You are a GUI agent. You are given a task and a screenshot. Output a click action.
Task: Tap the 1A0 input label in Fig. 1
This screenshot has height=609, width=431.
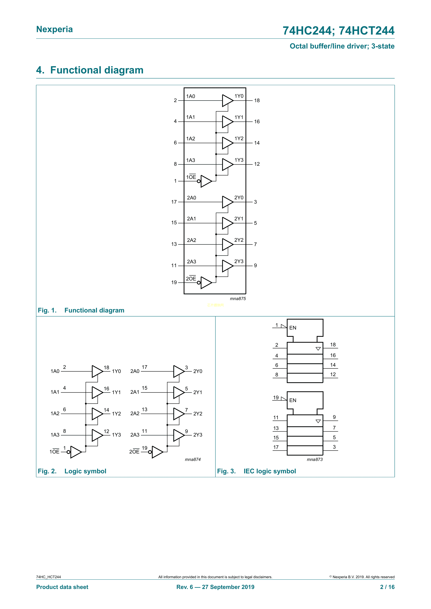[x=191, y=96]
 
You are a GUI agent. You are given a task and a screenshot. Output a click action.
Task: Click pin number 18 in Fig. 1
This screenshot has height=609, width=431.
[x=257, y=101]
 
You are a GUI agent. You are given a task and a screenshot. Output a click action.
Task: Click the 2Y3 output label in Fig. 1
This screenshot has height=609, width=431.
[x=239, y=261]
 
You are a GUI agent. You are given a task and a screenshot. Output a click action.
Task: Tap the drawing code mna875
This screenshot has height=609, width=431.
[x=238, y=299]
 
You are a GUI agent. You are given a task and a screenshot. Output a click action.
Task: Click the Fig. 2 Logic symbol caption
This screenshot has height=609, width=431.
[x=72, y=471]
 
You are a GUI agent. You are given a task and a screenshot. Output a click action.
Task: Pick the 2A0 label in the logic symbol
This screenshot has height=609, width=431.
[x=135, y=371]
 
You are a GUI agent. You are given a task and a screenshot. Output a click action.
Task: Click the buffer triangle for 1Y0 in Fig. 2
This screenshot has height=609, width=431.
[x=97, y=371]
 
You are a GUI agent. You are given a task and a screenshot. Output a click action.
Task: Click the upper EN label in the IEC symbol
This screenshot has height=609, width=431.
[x=293, y=328]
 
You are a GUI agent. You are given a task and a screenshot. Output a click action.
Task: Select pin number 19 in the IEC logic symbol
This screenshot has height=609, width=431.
[x=276, y=398]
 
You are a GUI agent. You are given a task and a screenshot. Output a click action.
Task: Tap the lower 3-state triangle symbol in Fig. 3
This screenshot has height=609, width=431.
[x=318, y=421]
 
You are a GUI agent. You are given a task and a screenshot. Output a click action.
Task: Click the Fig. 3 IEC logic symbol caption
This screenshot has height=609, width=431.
[x=256, y=471]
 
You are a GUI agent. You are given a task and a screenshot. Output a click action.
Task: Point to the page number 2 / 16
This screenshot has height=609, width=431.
[x=387, y=587]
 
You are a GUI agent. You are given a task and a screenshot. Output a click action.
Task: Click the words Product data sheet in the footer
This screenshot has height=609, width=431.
[x=62, y=587]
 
